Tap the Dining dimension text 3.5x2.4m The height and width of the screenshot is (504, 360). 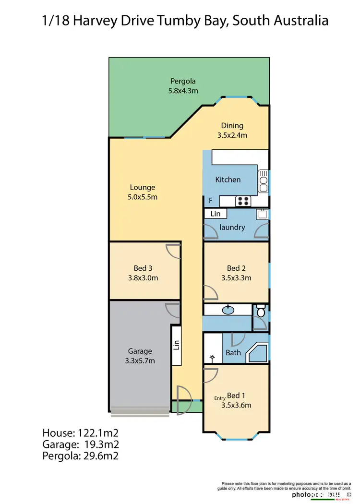(x=232, y=135)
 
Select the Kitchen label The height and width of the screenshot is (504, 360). (x=228, y=180)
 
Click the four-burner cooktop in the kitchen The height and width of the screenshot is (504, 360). (x=242, y=201)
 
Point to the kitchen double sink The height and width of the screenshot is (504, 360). (x=264, y=181)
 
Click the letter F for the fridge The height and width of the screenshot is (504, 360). (x=210, y=201)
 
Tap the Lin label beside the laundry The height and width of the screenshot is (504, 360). (x=216, y=214)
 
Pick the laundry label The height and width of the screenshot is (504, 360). (x=232, y=228)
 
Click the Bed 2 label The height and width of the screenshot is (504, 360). (x=236, y=268)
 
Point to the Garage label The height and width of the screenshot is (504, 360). (x=140, y=351)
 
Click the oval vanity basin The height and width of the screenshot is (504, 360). (x=228, y=311)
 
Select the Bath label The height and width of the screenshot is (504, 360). (x=233, y=353)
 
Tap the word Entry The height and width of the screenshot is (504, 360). (x=219, y=398)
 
